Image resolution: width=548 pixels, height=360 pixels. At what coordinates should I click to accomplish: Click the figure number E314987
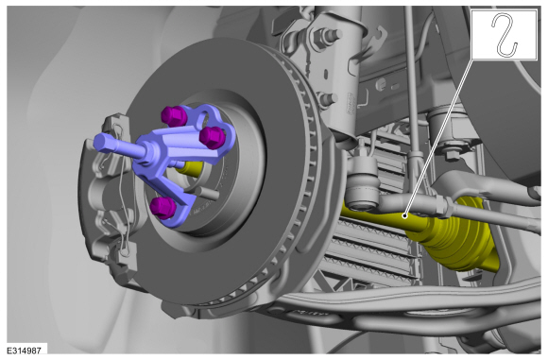click(x=25, y=350)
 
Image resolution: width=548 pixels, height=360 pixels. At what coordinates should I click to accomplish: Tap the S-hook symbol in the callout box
click(x=505, y=35)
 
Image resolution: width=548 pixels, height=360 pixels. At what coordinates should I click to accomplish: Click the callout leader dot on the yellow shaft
click(x=404, y=216)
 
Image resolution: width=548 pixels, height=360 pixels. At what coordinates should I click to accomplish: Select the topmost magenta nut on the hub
click(x=175, y=116)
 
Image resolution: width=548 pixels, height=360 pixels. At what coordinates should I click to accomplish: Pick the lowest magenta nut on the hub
click(x=163, y=207)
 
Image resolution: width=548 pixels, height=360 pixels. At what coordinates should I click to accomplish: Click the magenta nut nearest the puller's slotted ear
click(x=213, y=137)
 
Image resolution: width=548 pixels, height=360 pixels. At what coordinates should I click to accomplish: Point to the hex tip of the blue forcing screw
click(x=101, y=143)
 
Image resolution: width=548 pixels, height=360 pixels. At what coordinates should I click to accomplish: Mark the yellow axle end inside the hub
click(x=190, y=168)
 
